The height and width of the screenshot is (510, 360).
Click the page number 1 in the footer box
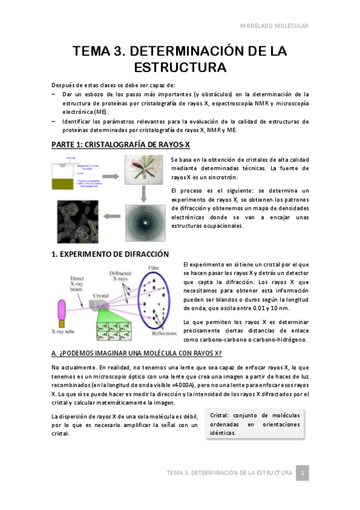coord(304,473)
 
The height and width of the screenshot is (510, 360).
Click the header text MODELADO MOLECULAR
coord(274,26)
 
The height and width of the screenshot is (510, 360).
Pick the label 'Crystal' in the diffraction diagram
coord(100,295)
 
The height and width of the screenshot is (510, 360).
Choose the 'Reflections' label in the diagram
coord(163,334)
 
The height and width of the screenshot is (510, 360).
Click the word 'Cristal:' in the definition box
coord(224,415)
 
